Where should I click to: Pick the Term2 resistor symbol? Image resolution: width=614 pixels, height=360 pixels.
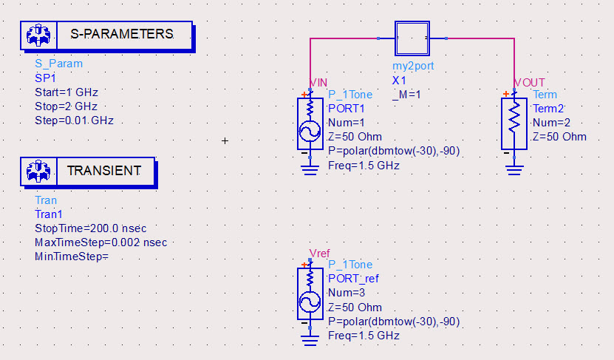pyautogui.click(x=514, y=123)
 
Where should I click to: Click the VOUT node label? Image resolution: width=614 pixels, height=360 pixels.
pyautogui.click(x=529, y=81)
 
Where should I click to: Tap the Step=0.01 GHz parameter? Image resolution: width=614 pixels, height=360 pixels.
pyautogui.click(x=74, y=120)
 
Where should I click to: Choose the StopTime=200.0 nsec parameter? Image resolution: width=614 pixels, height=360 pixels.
pyautogui.click(x=90, y=228)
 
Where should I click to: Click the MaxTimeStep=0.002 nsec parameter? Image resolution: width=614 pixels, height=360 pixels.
pyautogui.click(x=100, y=242)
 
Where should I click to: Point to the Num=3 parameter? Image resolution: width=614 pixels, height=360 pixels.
pyautogui.click(x=347, y=293)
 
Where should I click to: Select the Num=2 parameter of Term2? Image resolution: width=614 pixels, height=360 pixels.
pyautogui.click(x=550, y=123)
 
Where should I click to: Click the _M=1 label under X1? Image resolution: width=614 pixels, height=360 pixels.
pyautogui.click(x=406, y=94)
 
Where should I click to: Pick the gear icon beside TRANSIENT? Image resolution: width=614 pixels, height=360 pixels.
pyautogui.click(x=37, y=171)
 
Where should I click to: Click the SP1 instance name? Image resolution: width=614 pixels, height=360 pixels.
pyautogui.click(x=45, y=78)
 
